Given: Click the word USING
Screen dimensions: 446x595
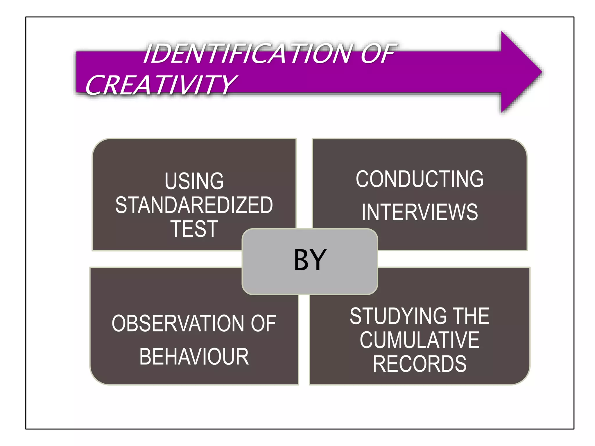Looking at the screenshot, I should tap(194, 181).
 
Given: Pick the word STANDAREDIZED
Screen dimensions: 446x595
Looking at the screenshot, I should tap(194, 205).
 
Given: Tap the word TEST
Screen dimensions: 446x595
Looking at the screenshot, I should tap(194, 229).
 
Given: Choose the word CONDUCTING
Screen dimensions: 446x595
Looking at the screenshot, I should tap(420, 179).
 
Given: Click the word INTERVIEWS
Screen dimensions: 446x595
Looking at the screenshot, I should tap(420, 212).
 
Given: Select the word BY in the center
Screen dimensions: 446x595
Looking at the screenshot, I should tap(310, 260).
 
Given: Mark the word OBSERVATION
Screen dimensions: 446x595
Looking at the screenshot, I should tap(178, 323).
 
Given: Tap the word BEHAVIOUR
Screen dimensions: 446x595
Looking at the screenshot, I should tap(194, 357).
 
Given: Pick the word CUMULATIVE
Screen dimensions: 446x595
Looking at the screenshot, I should tap(420, 340).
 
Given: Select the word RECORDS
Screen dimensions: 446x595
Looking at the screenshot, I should tap(420, 364).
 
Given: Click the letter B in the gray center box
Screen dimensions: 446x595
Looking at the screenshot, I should tap(302, 260).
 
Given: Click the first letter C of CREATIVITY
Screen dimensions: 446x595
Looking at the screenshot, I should tap(94, 85).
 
